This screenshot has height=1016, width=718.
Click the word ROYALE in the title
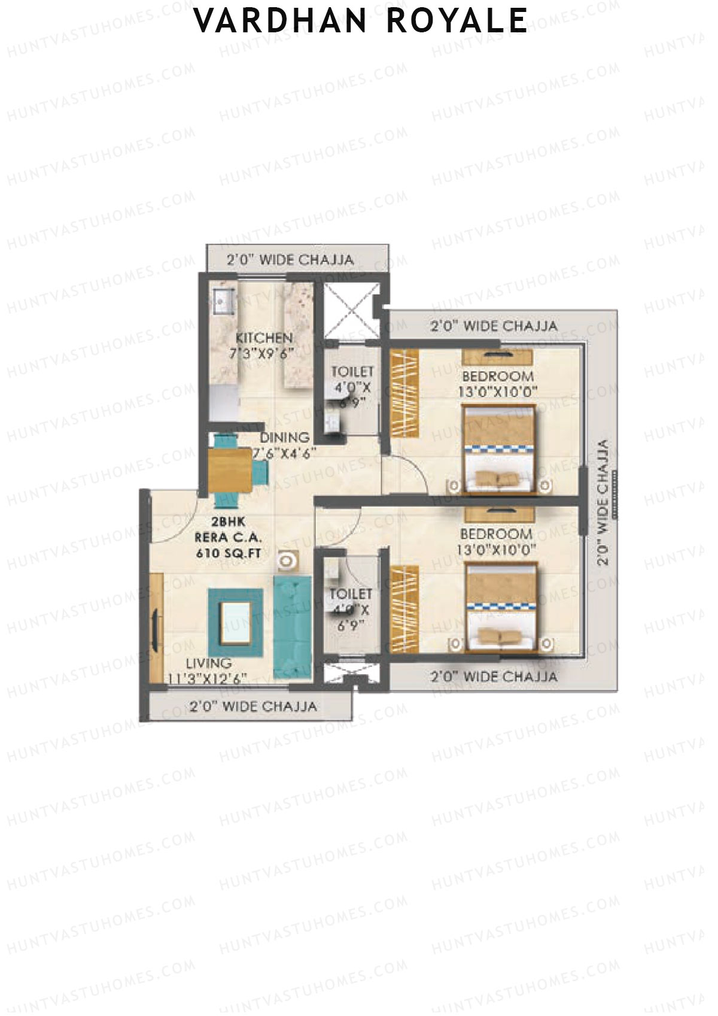[x=457, y=20]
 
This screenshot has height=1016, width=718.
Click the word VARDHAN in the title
[x=281, y=20]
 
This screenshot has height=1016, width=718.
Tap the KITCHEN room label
[x=264, y=338]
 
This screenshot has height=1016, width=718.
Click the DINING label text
[x=284, y=437]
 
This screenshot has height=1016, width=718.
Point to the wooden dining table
[x=230, y=471]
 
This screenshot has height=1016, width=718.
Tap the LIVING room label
[x=208, y=663]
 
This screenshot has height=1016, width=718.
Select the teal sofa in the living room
[x=293, y=626]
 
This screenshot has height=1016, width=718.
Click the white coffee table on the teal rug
[x=235, y=623]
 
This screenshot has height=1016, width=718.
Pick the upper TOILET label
[x=352, y=372]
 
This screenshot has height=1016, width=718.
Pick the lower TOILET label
[x=351, y=594]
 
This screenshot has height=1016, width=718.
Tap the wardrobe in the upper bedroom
[x=403, y=393]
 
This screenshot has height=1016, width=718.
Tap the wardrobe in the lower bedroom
[x=403, y=611]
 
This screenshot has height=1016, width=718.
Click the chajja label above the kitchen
[x=290, y=260]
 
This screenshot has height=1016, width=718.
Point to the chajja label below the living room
[x=253, y=706]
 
